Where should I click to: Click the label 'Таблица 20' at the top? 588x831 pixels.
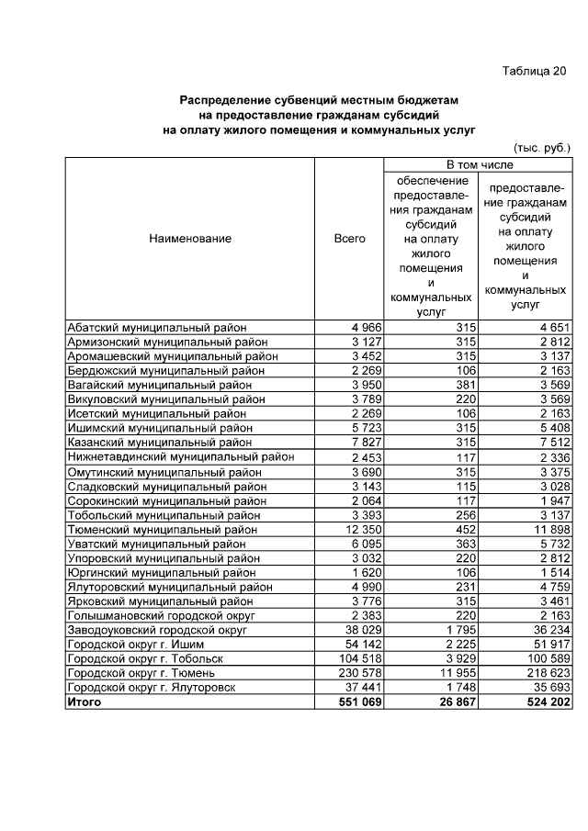pos(535,72)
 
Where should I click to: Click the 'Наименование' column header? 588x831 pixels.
pos(189,239)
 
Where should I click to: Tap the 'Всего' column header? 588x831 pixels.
pos(349,239)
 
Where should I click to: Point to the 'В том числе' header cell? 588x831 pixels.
pos(479,164)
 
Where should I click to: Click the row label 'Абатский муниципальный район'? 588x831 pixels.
pos(157,327)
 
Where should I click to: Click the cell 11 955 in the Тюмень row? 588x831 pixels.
pos(455,672)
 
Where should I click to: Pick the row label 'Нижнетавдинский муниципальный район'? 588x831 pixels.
pos(181,456)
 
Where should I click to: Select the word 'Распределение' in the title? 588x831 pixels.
pos(225,98)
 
